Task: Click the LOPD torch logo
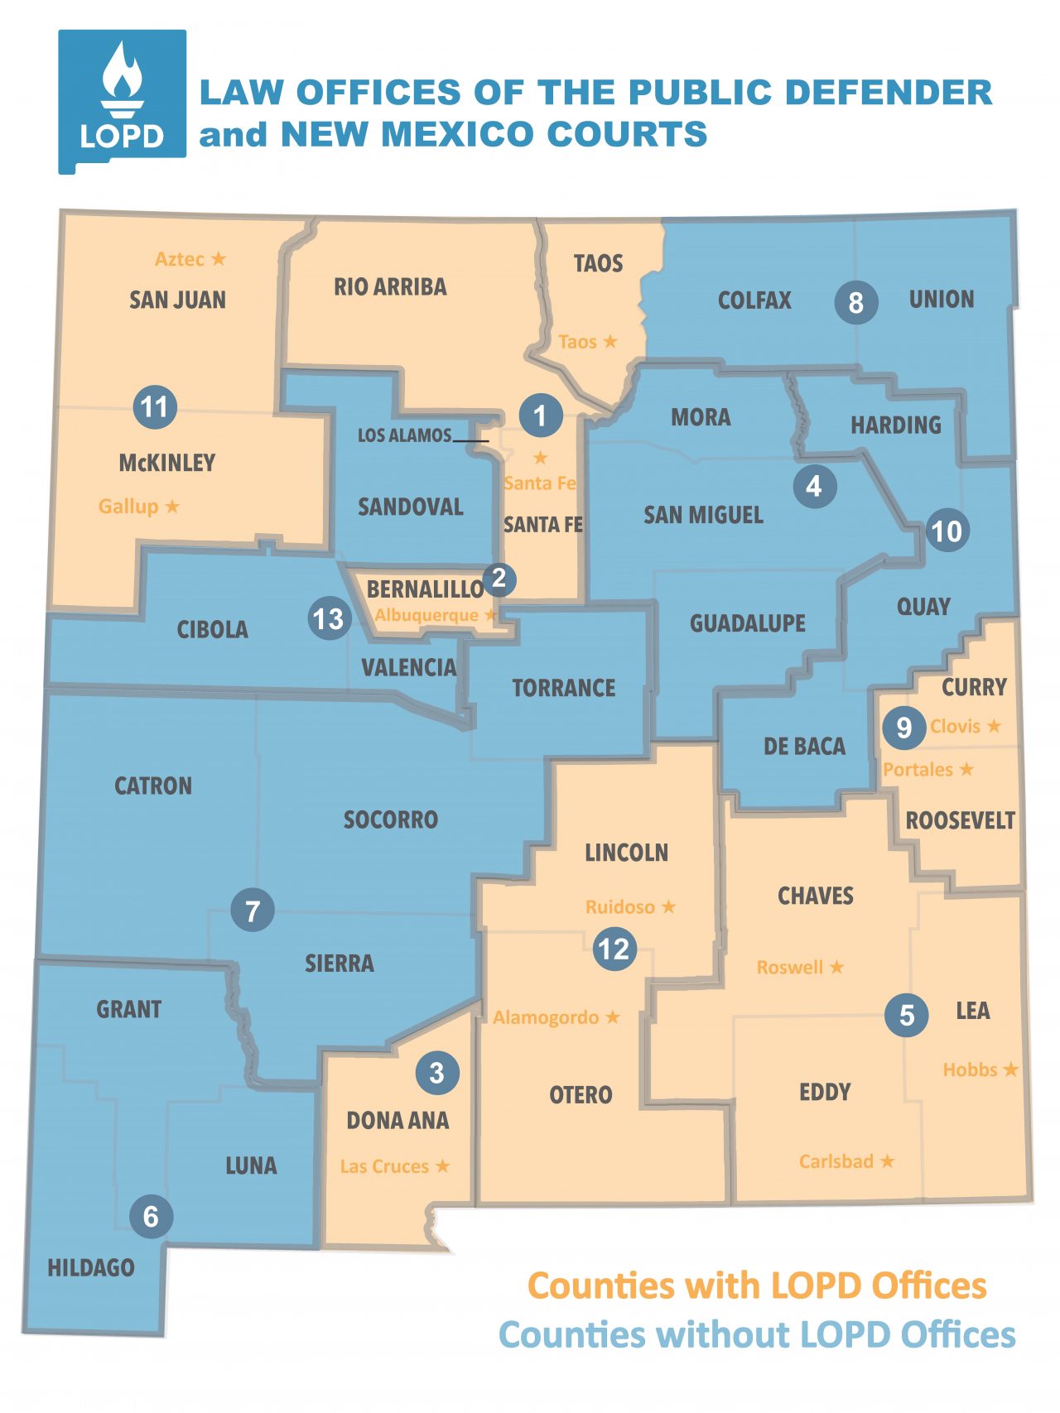[x=122, y=99]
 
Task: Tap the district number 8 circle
[x=855, y=303]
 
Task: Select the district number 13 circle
[x=328, y=618]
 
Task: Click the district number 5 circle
[x=907, y=1014]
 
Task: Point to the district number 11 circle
[x=155, y=406]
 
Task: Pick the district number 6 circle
[x=151, y=1216]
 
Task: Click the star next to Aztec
[x=218, y=259]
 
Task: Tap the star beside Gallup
[x=172, y=506]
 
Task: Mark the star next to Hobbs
[x=1010, y=1069]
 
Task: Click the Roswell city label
[x=789, y=967]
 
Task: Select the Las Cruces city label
[x=384, y=1166]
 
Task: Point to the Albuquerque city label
[x=426, y=615]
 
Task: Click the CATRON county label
[x=153, y=786]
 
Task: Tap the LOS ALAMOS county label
[x=404, y=435]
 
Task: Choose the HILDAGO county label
[x=91, y=1267]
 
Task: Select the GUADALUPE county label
[x=747, y=623]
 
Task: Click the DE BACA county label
[x=804, y=747]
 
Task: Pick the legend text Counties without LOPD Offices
[x=756, y=1335]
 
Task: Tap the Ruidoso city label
[x=619, y=907]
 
